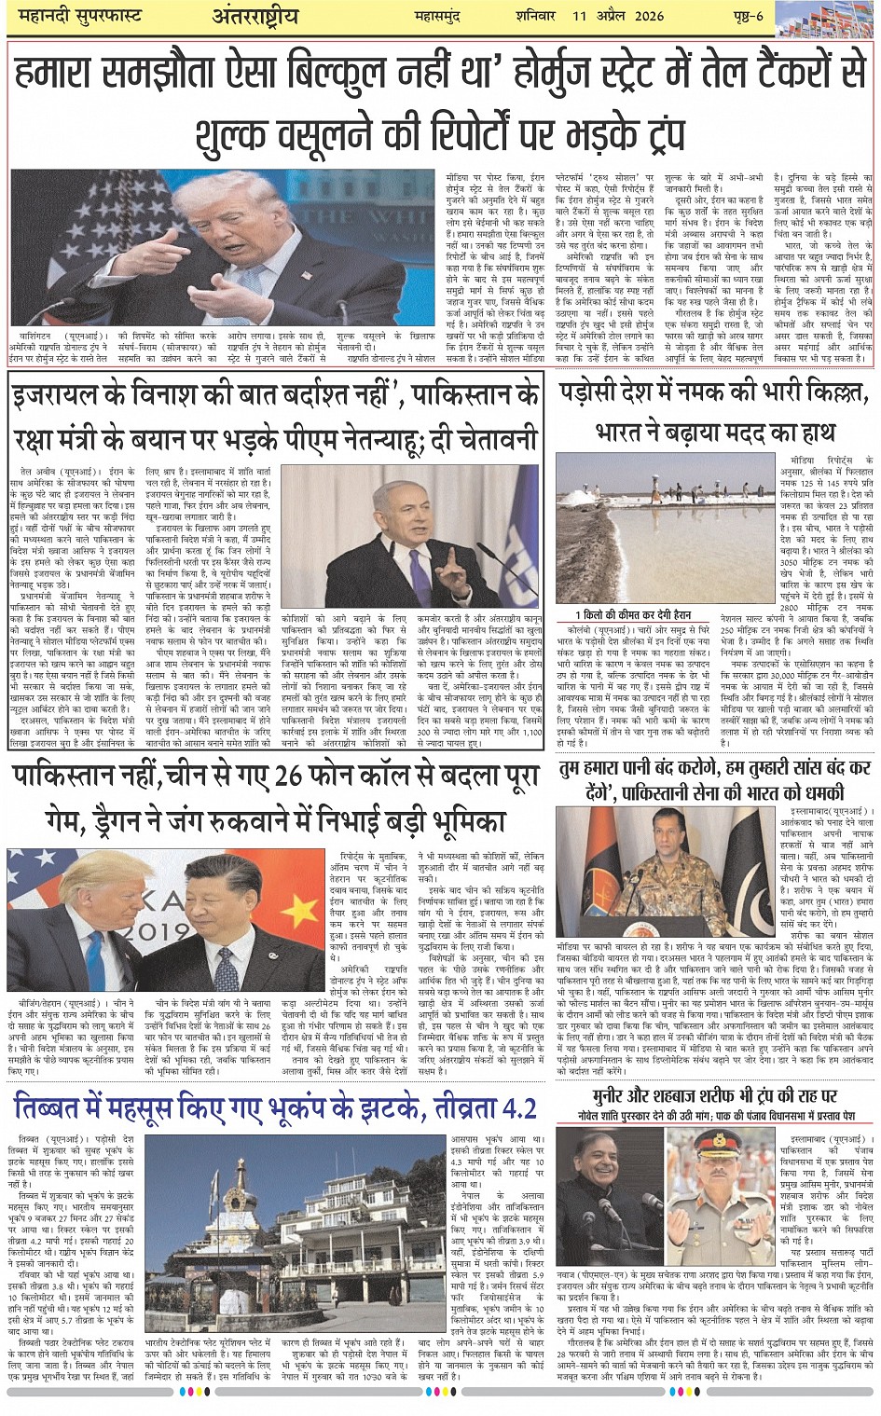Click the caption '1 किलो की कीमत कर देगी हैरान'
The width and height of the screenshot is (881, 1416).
633,615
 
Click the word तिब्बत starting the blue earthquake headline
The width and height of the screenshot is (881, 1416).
46,1108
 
